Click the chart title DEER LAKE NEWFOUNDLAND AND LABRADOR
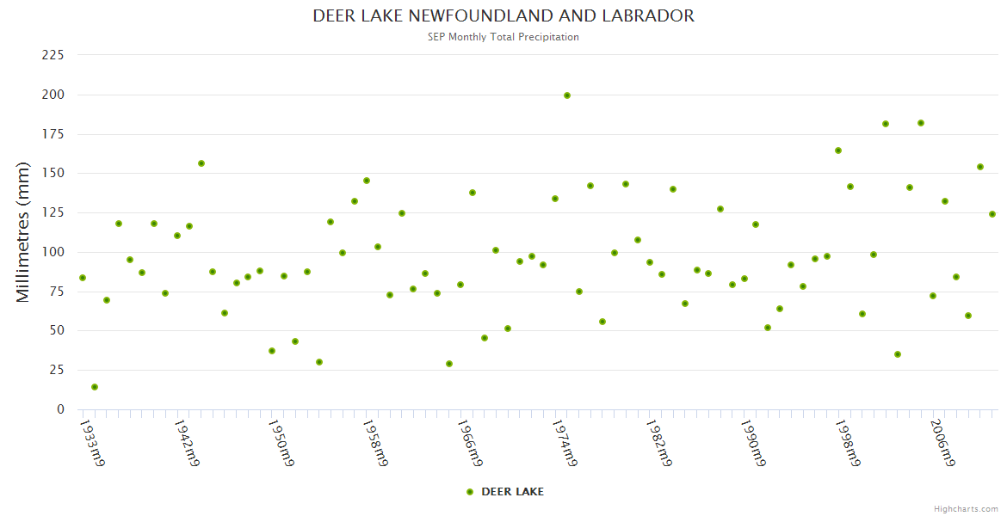point(504,15)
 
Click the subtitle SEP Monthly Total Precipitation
point(504,37)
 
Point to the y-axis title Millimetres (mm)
point(23,232)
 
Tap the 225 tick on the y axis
point(53,55)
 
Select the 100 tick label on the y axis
point(53,252)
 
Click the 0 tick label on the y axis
point(60,409)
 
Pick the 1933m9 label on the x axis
point(92,442)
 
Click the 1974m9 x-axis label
point(563,442)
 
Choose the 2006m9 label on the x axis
point(942,442)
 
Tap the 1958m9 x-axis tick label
point(374,442)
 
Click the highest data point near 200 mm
point(567,95)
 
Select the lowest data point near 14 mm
point(95,387)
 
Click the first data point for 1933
point(83,278)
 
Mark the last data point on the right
point(992,214)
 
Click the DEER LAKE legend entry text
point(512,492)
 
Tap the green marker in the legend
point(470,492)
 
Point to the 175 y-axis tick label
point(53,134)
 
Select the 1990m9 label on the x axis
point(752,442)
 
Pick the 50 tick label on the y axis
point(57,331)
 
